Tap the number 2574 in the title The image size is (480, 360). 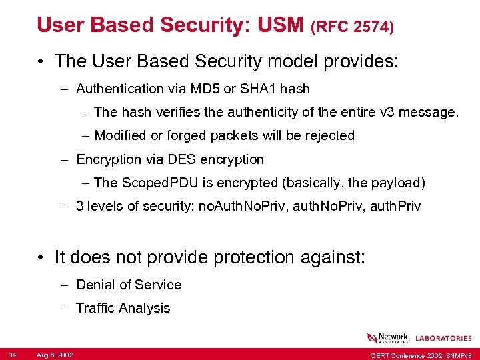[371, 27]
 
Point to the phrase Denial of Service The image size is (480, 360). [129, 285]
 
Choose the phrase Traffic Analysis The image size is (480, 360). [123, 308]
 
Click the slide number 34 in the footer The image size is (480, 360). [13, 353]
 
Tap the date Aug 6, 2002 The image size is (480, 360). [55, 353]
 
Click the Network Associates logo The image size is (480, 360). [387, 338]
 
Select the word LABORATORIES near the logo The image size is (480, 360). [443, 339]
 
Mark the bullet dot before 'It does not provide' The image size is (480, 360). [41, 257]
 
